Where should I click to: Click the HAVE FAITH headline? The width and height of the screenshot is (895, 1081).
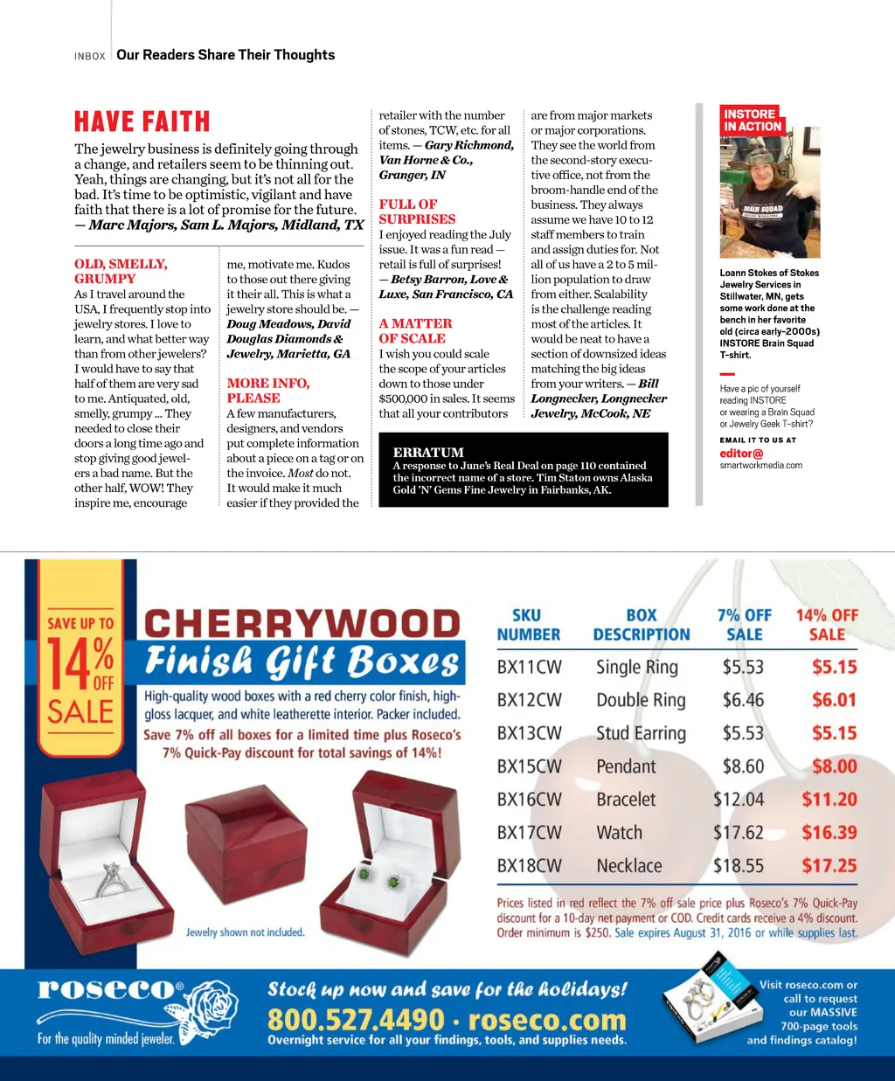coord(142,121)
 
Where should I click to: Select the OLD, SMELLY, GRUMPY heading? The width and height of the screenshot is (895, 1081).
coord(121,271)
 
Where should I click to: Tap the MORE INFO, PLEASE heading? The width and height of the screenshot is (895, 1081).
coord(267,391)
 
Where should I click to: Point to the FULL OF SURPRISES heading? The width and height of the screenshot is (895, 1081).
coord(417,211)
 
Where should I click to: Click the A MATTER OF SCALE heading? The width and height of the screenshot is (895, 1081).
coord(415,331)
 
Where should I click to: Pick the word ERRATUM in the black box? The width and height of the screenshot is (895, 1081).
coord(428,452)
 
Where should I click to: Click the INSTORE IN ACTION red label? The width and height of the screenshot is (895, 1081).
coord(752,121)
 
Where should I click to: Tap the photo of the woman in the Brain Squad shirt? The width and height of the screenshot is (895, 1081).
coord(757,196)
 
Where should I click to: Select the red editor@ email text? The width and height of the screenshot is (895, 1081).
coord(741,454)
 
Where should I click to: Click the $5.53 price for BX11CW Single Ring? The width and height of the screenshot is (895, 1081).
coord(743,667)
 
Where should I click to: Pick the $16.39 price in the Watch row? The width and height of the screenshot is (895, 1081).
coord(829,833)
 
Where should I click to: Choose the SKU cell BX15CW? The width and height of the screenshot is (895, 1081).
coord(529,766)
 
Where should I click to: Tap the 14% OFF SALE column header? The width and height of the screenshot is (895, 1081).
coord(826,625)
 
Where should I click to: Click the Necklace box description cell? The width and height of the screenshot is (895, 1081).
coord(628,866)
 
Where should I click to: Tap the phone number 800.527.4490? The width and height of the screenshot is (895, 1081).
coord(357,1019)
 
